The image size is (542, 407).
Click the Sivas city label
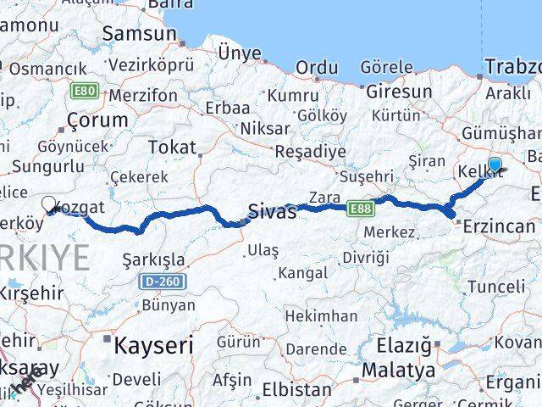click(272, 212)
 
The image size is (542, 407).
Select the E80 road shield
click(84, 90)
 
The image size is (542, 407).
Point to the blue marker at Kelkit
click(495, 164)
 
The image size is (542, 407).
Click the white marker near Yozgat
click(49, 204)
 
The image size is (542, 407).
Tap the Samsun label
click(139, 34)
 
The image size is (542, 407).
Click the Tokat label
click(171, 147)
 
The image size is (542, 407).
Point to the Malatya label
click(398, 371)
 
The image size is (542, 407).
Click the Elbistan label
click(296, 391)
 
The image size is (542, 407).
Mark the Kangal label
click(302, 273)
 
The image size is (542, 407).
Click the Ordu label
click(317, 68)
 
